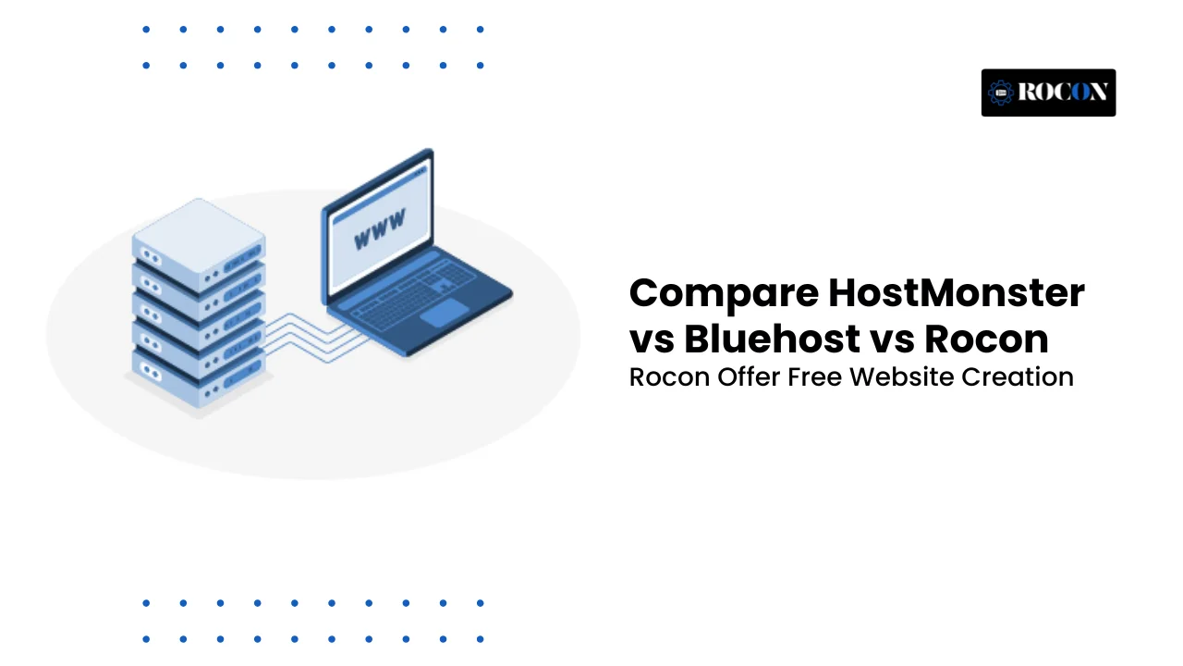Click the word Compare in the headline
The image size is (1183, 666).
[724, 294]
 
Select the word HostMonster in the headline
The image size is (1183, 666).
[957, 292]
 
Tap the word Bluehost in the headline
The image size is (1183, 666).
[772, 339]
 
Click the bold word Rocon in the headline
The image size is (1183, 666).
[986, 339]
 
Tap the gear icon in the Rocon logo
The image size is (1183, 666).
[1001, 93]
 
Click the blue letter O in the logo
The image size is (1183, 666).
[1080, 92]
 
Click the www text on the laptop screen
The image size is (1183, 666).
[380, 228]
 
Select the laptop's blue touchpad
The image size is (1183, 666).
[445, 313]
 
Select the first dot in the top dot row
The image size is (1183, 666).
[146, 30]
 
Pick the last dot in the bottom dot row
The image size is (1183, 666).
[480, 639]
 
